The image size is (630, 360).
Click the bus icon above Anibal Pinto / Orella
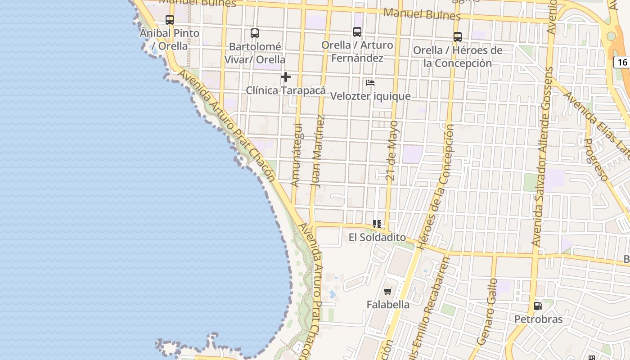coord(170,20)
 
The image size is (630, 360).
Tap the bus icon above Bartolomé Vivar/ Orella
coord(255,33)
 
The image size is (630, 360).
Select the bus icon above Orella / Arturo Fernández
coord(357,32)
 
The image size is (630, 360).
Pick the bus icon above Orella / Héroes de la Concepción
coord(458,37)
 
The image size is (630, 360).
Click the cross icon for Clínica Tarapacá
coord(285,77)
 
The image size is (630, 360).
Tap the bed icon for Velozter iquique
coord(370,83)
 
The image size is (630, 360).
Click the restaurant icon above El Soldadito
coord(377,224)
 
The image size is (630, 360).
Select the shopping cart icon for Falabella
coord(388,292)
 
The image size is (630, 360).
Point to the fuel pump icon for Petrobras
coord(538,306)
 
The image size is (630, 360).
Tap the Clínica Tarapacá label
coord(285,90)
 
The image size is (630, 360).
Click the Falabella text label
coord(388,305)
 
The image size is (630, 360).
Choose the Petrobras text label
coord(539,319)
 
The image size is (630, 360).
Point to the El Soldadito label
coord(377,237)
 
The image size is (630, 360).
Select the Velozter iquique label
coord(370,96)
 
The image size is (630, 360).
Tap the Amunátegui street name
coord(297,155)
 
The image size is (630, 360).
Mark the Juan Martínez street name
coord(318,151)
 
